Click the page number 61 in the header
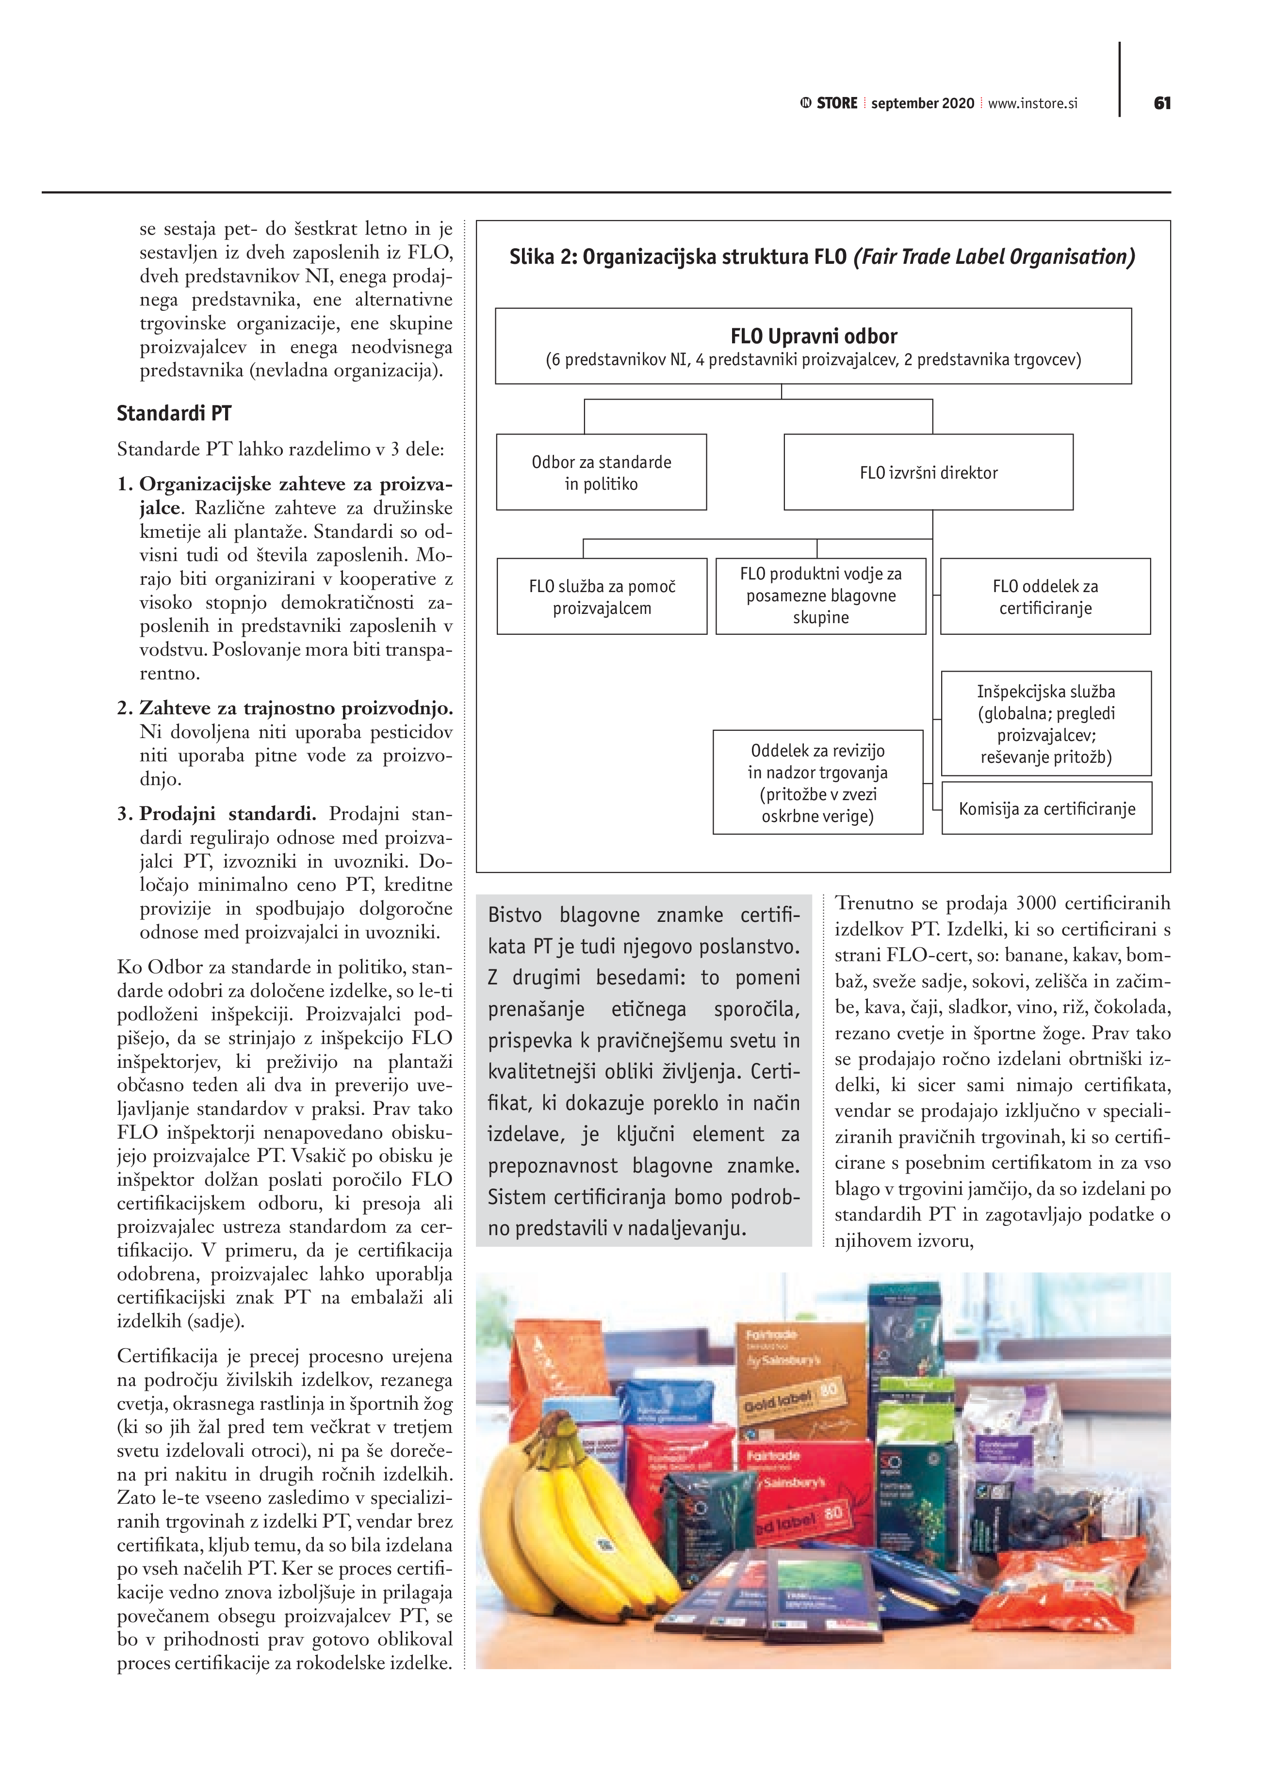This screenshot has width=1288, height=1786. point(1162,103)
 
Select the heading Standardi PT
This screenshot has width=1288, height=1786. point(174,414)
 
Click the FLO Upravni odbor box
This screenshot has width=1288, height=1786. point(813,347)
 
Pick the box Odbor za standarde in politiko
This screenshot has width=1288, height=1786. point(601,472)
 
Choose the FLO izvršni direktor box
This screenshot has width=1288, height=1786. point(928,472)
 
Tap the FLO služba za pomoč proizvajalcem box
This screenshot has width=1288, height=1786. point(602,597)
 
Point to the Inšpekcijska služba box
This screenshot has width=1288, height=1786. point(1045,724)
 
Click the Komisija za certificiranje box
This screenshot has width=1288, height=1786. point(1046,809)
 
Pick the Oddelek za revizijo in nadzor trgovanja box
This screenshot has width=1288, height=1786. point(818,783)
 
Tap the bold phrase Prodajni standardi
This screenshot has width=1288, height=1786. point(228,813)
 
